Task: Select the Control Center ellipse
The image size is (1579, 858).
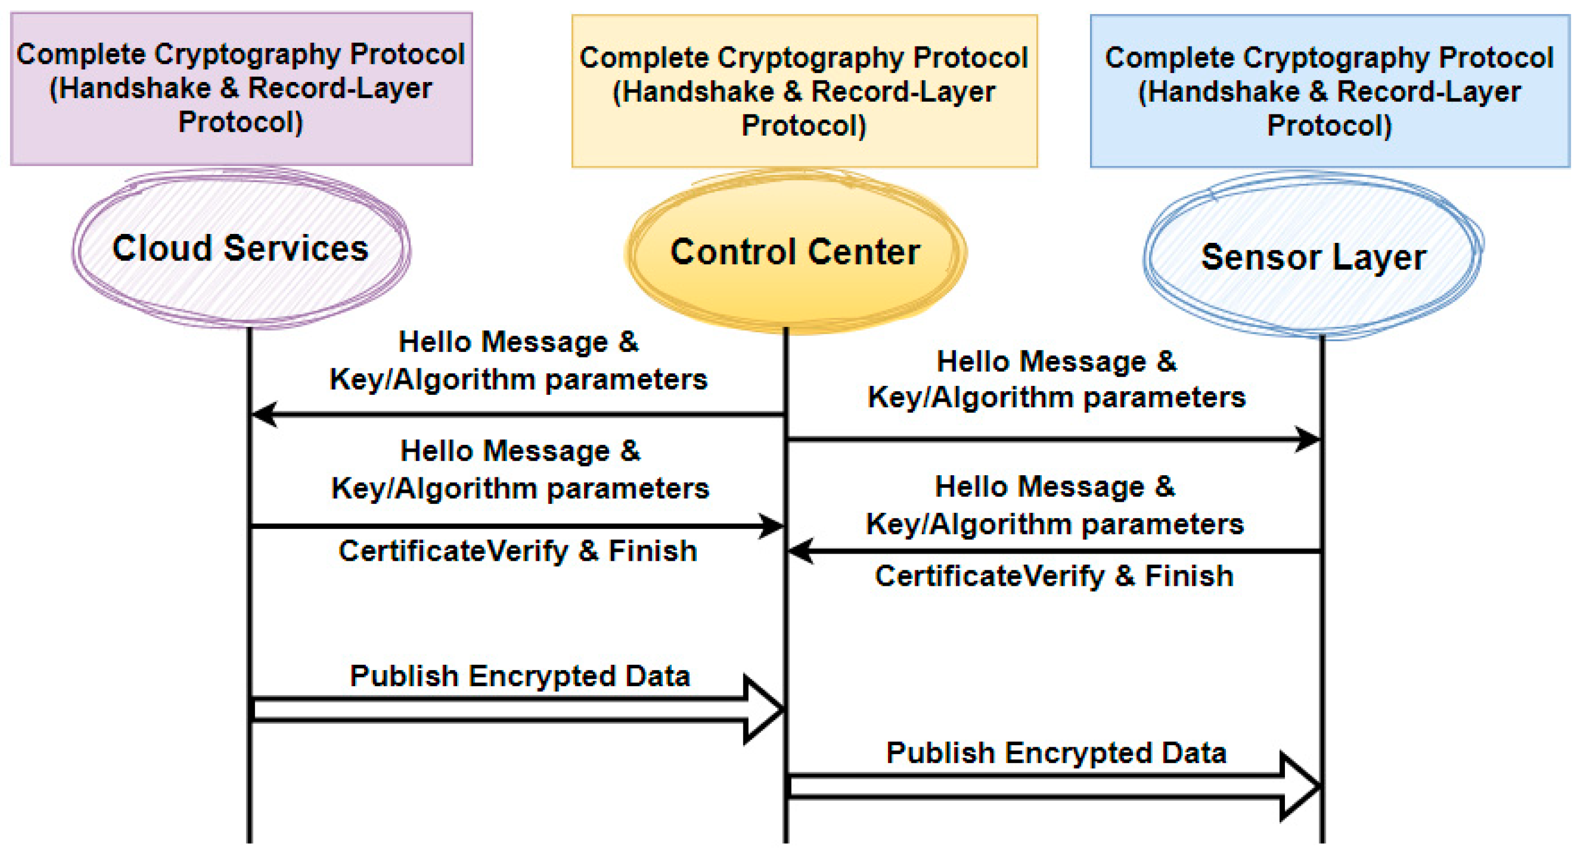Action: coord(795,288)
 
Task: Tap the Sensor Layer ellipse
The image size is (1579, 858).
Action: coord(1313,294)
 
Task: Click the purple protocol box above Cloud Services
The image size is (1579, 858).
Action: coord(241,89)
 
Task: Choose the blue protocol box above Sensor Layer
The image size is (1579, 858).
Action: coord(1329,91)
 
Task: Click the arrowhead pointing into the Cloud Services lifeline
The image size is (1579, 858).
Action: coord(265,415)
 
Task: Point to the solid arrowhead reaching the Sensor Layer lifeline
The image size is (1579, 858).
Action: coord(1307,439)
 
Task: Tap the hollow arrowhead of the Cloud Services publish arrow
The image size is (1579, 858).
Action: coord(763,709)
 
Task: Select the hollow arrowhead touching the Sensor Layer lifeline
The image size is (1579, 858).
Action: coord(1300,786)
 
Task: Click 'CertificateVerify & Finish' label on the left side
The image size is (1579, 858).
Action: coord(518,551)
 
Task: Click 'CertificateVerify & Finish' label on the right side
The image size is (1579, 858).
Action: coord(1054,576)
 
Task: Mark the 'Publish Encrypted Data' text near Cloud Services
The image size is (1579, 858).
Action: coord(520,676)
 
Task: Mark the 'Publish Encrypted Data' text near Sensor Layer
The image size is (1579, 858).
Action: coord(1056,753)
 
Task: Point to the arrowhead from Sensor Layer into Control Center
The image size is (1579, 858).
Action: coord(801,551)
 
